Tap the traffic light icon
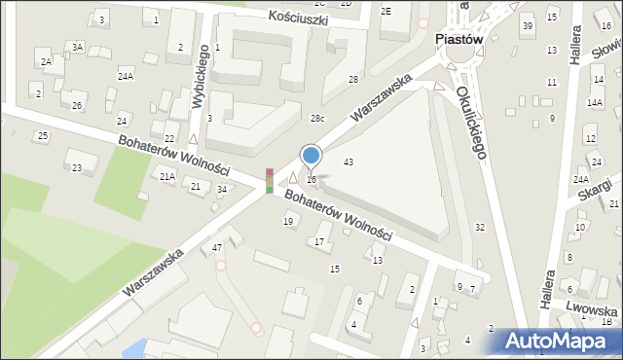pos(270,181)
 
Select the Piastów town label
pos(458,40)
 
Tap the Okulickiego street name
pos(475,119)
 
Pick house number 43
pos(348,162)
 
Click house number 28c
pos(317,119)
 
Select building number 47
pos(217,248)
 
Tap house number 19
pos(288,222)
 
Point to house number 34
pos(222,189)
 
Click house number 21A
pos(167,176)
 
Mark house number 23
pos(77,168)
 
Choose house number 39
pos(527,25)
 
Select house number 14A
pos(594,102)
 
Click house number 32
pos(479,227)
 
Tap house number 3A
pos(77,47)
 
